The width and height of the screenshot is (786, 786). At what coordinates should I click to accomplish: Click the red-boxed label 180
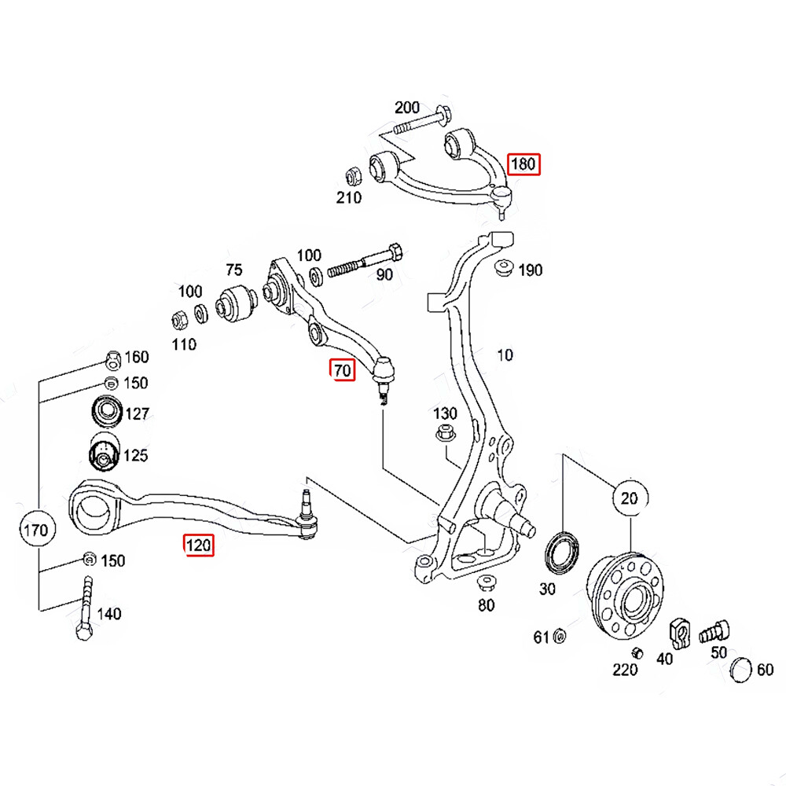(523, 164)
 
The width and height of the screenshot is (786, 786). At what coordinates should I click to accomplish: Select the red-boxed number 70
(343, 369)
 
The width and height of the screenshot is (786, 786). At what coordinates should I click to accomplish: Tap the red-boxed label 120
(198, 544)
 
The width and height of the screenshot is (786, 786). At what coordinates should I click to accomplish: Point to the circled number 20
(630, 498)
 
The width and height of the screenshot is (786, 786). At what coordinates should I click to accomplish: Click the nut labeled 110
(179, 320)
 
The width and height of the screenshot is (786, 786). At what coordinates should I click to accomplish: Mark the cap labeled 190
(502, 268)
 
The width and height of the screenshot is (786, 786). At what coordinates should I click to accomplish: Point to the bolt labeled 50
(716, 630)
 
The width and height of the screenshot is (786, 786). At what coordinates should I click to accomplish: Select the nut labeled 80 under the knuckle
(486, 583)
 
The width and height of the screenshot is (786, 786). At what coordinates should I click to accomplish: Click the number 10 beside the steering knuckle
(505, 355)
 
